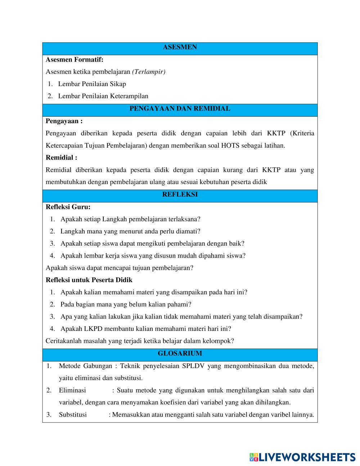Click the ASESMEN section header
click(180, 47)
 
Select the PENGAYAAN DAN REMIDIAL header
click(180, 108)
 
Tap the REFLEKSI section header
click(180, 194)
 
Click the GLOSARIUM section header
click(180, 354)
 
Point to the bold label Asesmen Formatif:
click(75, 59)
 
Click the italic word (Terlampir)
click(149, 72)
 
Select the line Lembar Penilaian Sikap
click(92, 84)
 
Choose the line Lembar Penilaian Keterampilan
click(103, 96)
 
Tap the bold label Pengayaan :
click(64, 121)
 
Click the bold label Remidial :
click(62, 157)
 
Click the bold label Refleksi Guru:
click(68, 207)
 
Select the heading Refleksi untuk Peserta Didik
click(89, 280)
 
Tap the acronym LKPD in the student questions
click(93, 328)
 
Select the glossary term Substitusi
click(73, 415)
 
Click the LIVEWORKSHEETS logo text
click(307, 457)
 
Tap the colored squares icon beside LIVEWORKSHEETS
click(254, 457)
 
